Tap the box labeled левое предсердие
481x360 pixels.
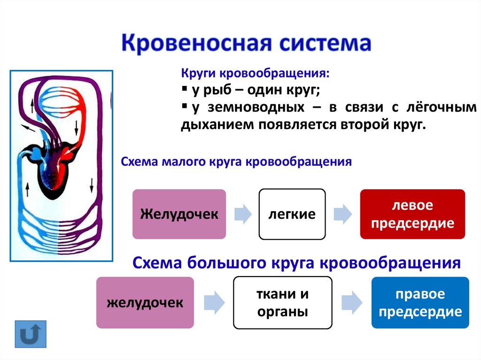[412, 214]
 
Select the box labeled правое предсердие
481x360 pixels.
[420, 303]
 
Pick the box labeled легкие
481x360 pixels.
[292, 214]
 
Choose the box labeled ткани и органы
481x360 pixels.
[282, 303]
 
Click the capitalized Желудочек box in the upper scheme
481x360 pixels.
[179, 214]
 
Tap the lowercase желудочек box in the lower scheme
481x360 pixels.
[145, 303]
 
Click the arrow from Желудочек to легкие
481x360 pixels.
[242, 214]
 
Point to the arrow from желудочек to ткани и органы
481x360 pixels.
[214, 303]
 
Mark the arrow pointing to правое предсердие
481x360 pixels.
[351, 303]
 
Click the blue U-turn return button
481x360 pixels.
[31, 334]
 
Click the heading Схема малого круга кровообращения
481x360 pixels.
[236, 162]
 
